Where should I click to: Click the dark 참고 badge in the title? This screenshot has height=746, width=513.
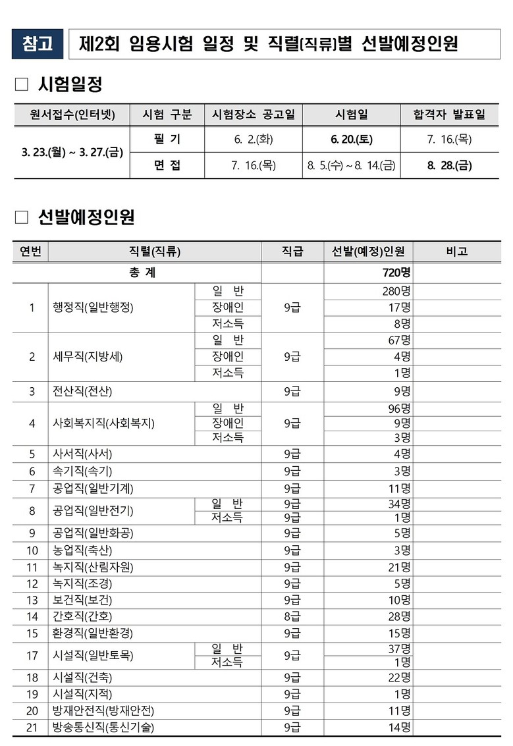38,44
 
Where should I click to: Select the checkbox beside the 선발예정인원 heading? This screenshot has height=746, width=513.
22,217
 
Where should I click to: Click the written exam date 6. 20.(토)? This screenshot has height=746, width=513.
351,140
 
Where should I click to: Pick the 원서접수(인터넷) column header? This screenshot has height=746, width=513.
72,115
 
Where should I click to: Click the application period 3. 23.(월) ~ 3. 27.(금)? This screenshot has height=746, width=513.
72,153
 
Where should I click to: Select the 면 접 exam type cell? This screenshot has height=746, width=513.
167,165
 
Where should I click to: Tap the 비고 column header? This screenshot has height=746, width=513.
456,251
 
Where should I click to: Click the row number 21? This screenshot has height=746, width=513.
32,728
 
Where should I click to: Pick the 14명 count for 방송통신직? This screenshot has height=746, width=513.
400,728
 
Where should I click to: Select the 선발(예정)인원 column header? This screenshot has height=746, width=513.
368,251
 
